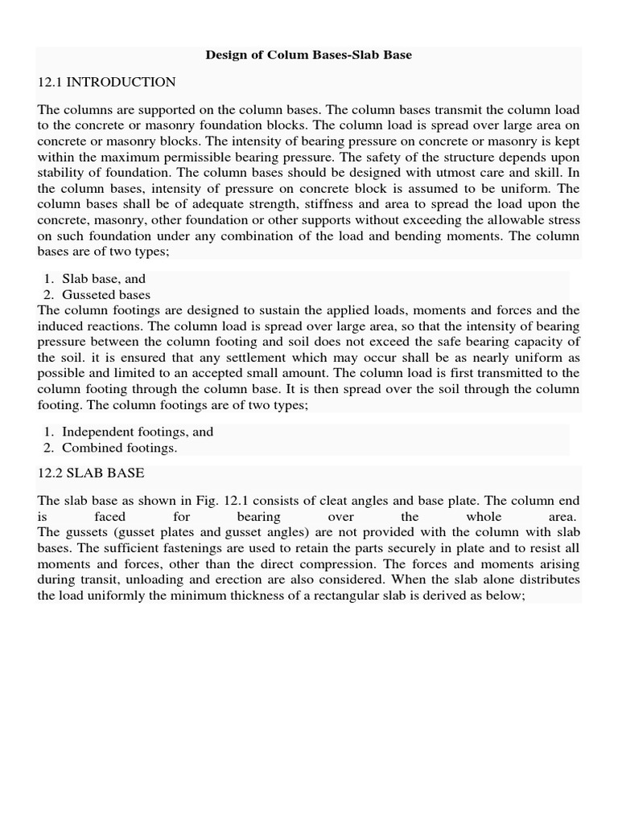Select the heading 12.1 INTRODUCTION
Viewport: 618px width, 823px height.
(106, 82)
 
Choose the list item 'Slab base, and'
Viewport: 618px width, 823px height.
(104, 279)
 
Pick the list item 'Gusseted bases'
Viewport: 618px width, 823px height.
(106, 295)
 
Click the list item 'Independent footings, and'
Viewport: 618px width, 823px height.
(138, 432)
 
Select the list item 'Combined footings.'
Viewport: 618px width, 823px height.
(120, 448)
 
